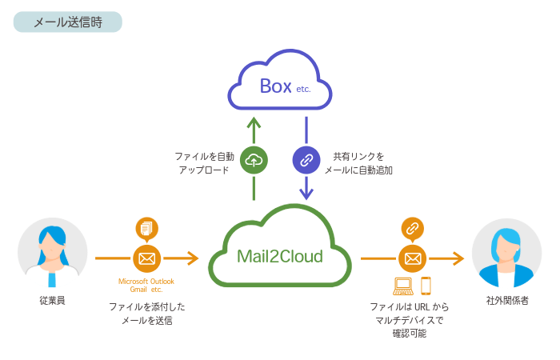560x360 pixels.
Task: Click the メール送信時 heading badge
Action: click(68, 22)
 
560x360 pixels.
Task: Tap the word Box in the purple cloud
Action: click(275, 86)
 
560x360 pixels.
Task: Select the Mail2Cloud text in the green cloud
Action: click(279, 256)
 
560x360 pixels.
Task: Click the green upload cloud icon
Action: click(254, 159)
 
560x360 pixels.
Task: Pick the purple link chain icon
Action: click(306, 159)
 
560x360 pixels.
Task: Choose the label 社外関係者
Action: click(506, 301)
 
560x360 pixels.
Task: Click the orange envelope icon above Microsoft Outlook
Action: click(146, 258)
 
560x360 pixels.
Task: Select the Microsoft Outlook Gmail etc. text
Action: click(146, 286)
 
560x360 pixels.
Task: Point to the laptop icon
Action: click(403, 285)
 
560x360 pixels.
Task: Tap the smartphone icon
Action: click(426, 285)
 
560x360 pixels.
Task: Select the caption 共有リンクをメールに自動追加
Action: click(358, 162)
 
